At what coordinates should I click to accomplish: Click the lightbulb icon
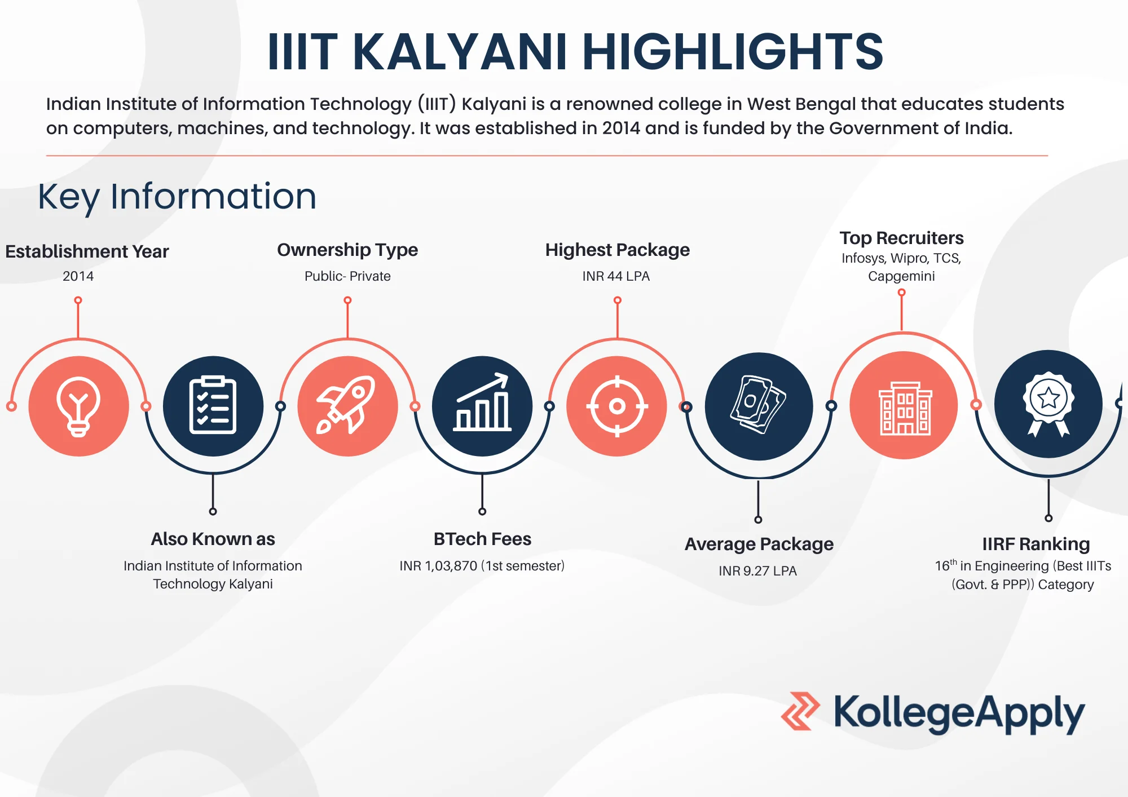[x=78, y=406]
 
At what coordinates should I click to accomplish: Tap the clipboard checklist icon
[x=213, y=406]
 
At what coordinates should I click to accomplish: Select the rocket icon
[x=347, y=406]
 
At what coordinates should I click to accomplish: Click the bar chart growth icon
[x=482, y=406]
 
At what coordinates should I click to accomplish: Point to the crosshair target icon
[x=617, y=406]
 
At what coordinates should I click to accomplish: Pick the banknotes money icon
[x=759, y=406]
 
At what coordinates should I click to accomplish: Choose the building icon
[x=904, y=406]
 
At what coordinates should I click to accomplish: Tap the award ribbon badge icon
[x=1048, y=404]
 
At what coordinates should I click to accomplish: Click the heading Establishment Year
[x=87, y=251]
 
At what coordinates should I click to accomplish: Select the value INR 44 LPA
[x=616, y=276]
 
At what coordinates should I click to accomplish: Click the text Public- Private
[x=347, y=276]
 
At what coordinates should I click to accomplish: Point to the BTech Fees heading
[x=482, y=539]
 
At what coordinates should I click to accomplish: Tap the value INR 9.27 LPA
[x=757, y=571]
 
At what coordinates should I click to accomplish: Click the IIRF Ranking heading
[x=1036, y=544]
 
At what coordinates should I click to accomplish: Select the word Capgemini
[x=901, y=276]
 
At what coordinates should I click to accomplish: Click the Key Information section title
[x=177, y=197]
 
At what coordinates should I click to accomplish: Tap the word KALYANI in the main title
[x=460, y=52]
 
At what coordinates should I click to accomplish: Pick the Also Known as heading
[x=213, y=539]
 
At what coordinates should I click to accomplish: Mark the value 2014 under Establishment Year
[x=78, y=276]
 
